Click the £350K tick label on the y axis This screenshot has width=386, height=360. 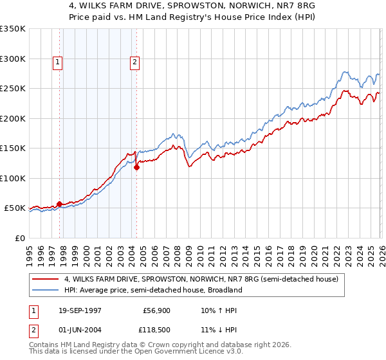[x=13, y=29]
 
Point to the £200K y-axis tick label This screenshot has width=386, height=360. [x=13, y=118]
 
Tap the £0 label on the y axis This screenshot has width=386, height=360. [x=19, y=238]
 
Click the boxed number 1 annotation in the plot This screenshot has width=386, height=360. [x=58, y=62]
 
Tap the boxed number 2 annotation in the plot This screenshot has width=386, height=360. [x=134, y=62]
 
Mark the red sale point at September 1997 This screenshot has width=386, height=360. [x=60, y=204]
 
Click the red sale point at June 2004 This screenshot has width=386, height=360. [x=136, y=167]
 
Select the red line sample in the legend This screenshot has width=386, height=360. [x=46, y=279]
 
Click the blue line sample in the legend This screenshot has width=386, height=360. [x=46, y=290]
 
